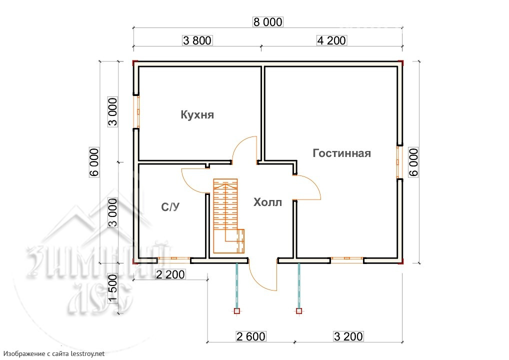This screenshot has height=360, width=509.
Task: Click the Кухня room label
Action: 197,114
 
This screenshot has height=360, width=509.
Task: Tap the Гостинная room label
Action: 341,153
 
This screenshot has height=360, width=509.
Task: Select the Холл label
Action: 267,202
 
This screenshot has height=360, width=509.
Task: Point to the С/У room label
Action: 170,207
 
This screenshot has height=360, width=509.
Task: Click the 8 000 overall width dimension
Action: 268,21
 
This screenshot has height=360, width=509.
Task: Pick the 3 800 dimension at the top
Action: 197,40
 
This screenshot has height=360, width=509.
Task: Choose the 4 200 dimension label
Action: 331,40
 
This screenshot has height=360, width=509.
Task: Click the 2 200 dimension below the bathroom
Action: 170,274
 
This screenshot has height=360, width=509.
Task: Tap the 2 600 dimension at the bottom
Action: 251,336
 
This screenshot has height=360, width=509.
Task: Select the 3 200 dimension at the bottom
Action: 348,336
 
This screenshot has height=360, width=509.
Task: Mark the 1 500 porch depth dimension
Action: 112,288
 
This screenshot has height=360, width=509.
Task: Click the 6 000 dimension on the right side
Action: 413,162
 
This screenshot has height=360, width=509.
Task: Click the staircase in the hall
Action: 228,216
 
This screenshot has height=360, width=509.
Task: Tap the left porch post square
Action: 236,311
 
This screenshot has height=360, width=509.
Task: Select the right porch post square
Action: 299,311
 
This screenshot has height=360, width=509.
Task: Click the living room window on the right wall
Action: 399,162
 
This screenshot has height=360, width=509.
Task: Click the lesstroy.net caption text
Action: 54,354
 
